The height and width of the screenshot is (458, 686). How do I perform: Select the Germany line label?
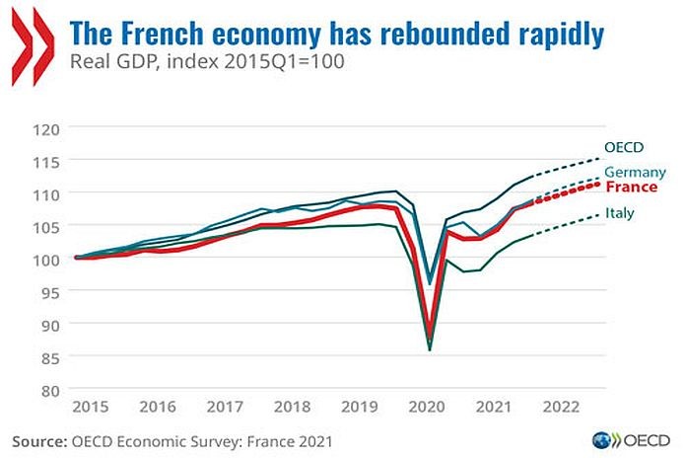point(634,173)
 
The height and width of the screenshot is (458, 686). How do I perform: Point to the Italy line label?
point(620,213)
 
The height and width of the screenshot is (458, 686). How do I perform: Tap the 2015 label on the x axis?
point(90,407)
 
